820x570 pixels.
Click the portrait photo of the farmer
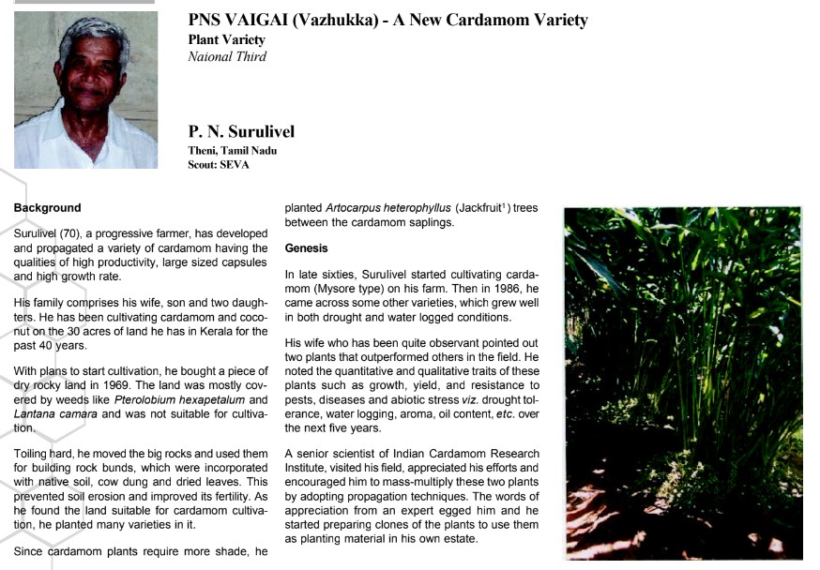tap(85, 89)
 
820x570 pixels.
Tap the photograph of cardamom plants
tap(682, 382)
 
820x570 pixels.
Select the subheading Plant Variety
tap(227, 39)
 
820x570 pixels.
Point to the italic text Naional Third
tap(227, 56)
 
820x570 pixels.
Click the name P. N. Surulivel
tap(241, 132)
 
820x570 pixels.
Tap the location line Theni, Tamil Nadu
tap(233, 150)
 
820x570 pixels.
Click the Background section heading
tap(47, 207)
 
